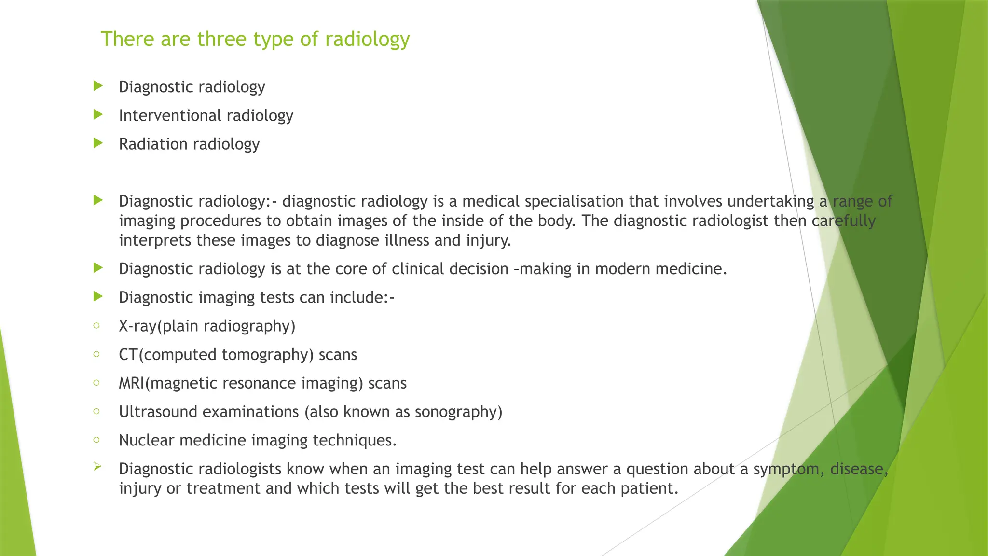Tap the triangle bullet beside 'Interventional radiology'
click(x=98, y=115)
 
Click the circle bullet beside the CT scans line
click(x=97, y=354)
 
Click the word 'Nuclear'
click(x=146, y=440)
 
